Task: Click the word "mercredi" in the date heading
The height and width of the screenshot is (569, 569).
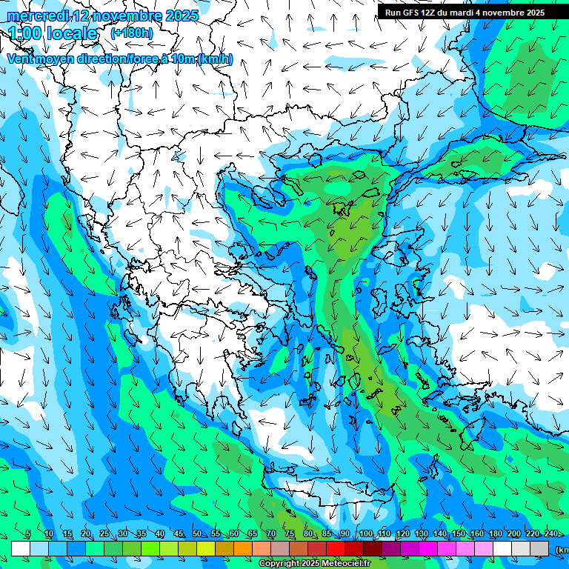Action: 38,16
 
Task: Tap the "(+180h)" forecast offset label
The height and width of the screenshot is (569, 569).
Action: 131,33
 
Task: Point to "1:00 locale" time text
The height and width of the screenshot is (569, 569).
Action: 53,33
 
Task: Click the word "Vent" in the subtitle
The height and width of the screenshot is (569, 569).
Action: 21,59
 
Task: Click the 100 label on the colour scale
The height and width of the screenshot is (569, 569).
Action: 366,534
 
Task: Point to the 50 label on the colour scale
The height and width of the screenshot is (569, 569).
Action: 197,534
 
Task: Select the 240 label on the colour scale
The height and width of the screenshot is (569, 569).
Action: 551,534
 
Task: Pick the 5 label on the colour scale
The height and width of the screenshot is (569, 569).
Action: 28,534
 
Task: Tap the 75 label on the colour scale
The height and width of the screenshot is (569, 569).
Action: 290,534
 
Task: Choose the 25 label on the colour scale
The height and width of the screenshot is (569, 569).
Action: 104,534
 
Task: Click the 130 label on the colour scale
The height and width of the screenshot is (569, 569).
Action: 422,534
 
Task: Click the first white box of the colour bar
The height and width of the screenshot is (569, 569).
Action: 21,549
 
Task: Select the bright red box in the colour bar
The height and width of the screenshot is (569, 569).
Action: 336,549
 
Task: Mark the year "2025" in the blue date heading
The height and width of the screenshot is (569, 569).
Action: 182,16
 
